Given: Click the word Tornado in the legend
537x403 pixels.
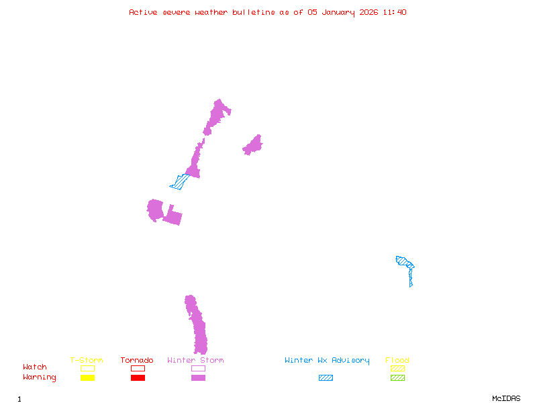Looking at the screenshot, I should (137, 361).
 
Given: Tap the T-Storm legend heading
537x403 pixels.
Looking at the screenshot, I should (87, 361).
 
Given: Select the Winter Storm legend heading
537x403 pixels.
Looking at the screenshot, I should (195, 361).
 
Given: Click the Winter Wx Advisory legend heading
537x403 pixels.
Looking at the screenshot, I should (327, 361).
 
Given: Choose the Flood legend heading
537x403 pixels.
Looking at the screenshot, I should (397, 361).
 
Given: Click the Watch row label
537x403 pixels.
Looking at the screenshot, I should (35, 367).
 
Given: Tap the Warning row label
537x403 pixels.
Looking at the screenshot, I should (40, 377).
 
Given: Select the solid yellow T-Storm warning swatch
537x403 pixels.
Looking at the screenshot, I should (87, 377).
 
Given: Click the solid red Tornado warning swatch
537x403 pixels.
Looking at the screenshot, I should (138, 377).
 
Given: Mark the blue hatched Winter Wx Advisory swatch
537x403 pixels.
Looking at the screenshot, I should (326, 377).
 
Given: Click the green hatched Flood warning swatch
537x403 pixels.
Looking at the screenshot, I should (397, 377).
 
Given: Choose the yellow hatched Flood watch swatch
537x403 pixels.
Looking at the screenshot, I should (397, 368).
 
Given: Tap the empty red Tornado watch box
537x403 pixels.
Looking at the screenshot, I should (138, 368).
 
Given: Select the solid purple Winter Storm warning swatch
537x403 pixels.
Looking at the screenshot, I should (198, 377).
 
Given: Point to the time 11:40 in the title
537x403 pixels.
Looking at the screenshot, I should (394, 12).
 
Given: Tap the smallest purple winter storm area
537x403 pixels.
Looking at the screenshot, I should (253, 145).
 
